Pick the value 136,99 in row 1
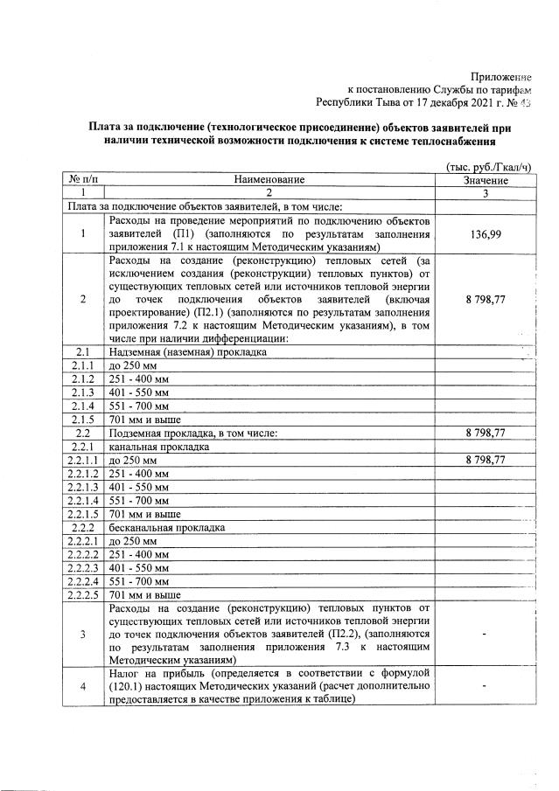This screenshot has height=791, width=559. tap(486, 234)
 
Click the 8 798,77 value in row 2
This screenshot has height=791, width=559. tap(486, 299)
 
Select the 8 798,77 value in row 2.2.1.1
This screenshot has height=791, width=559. tap(486, 460)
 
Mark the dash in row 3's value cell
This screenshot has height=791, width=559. tap(486, 634)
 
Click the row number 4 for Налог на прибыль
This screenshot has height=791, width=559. tap(82, 686)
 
